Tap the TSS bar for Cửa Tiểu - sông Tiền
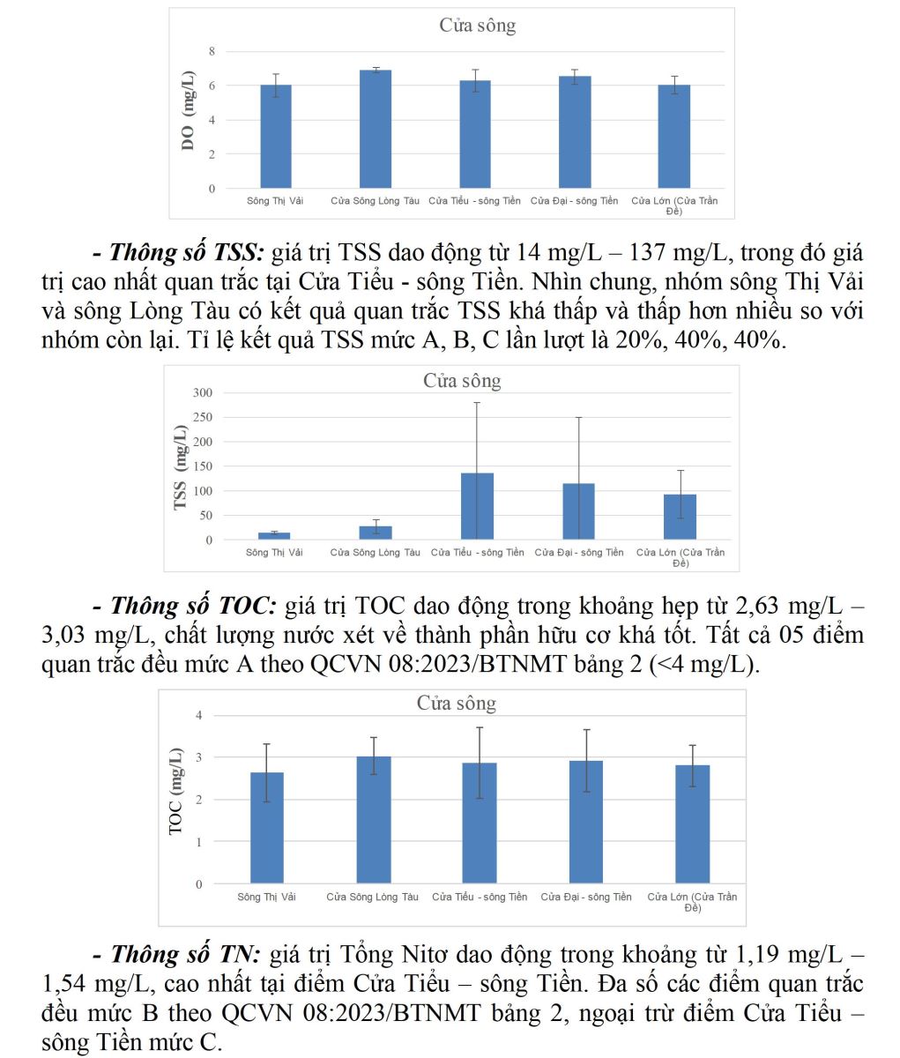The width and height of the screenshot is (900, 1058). tap(477, 506)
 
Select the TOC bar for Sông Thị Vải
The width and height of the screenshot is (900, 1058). tap(267, 828)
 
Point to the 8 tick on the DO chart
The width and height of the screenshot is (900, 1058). tap(212, 52)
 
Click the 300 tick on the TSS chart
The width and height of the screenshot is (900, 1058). tap(204, 392)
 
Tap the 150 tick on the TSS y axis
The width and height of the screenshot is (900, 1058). tap(204, 466)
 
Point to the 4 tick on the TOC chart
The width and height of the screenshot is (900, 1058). tap(199, 715)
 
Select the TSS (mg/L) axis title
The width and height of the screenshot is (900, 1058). tap(181, 467)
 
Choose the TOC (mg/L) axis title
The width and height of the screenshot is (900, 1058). tap(175, 791)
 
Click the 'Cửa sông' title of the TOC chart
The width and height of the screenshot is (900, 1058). tap(456, 703)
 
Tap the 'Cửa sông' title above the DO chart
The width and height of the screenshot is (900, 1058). tap(477, 26)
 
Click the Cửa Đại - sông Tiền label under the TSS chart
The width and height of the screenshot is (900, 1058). tap(578, 553)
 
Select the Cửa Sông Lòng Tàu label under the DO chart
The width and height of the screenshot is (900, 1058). tap(375, 201)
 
